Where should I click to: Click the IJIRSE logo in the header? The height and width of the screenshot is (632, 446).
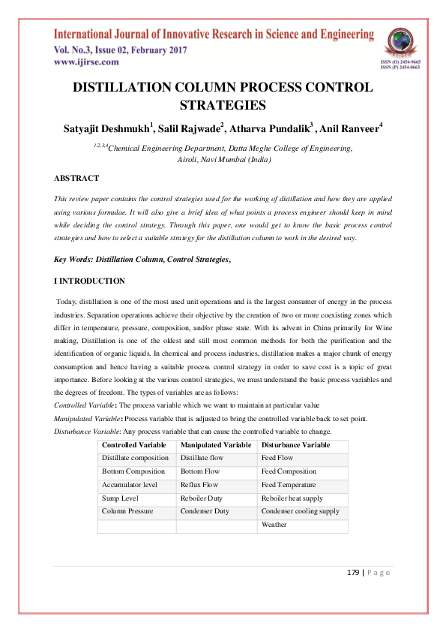pos(400,44)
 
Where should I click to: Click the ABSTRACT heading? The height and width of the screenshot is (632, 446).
pos(76,179)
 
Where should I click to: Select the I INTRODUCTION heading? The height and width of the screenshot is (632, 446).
pos(89,281)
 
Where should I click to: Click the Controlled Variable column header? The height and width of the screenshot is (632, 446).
pos(134,445)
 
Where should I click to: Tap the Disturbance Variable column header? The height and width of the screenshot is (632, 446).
pos(295,445)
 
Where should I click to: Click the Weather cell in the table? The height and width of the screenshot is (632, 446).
pos(274,525)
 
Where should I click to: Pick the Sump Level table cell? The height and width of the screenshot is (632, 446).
pos(121,498)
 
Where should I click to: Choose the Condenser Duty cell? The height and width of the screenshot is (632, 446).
pos(205,511)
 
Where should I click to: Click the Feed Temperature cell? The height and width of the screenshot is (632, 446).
pos(289,485)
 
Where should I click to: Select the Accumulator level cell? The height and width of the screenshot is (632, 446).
pos(130,485)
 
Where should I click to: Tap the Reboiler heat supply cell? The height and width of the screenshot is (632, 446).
pos(292,498)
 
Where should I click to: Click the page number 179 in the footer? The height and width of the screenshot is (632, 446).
pos(354,573)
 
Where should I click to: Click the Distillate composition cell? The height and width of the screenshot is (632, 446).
pos(136,458)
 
